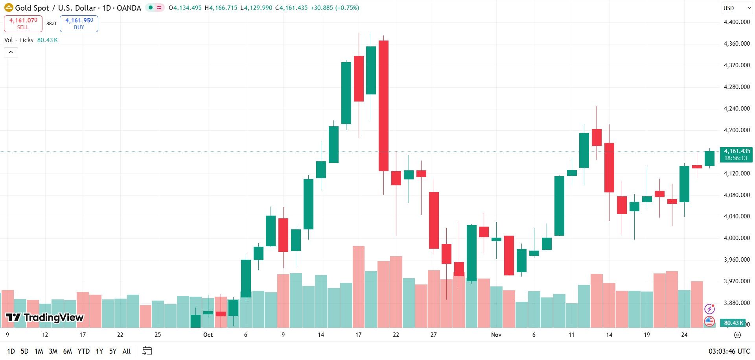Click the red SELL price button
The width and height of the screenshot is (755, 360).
tap(23, 24)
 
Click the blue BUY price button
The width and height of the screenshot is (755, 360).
tap(79, 24)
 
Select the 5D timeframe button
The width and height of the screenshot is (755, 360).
tap(24, 351)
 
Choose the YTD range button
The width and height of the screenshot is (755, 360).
tap(83, 351)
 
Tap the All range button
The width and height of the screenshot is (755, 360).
tap(127, 351)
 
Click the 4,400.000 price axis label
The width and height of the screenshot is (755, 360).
tap(737, 22)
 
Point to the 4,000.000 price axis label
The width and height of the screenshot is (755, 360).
tap(737, 238)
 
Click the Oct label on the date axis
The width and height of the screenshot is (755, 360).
tap(208, 335)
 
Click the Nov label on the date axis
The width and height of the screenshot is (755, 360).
tap(496, 335)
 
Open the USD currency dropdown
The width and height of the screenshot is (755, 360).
tap(737, 8)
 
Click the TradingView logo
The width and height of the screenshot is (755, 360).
tap(44, 318)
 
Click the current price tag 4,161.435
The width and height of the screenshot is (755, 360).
tap(736, 155)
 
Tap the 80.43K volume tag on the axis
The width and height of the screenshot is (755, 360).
tap(734, 323)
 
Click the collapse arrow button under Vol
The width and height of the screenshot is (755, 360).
tap(11, 52)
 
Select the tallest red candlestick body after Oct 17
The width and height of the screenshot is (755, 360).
tap(383, 106)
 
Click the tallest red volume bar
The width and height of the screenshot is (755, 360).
tap(359, 287)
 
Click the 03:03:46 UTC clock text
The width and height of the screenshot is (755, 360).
tap(729, 351)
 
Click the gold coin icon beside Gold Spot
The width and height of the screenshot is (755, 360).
tap(9, 7)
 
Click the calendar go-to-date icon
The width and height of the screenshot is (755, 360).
tap(147, 351)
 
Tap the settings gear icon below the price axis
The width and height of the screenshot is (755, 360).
tap(737, 335)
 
